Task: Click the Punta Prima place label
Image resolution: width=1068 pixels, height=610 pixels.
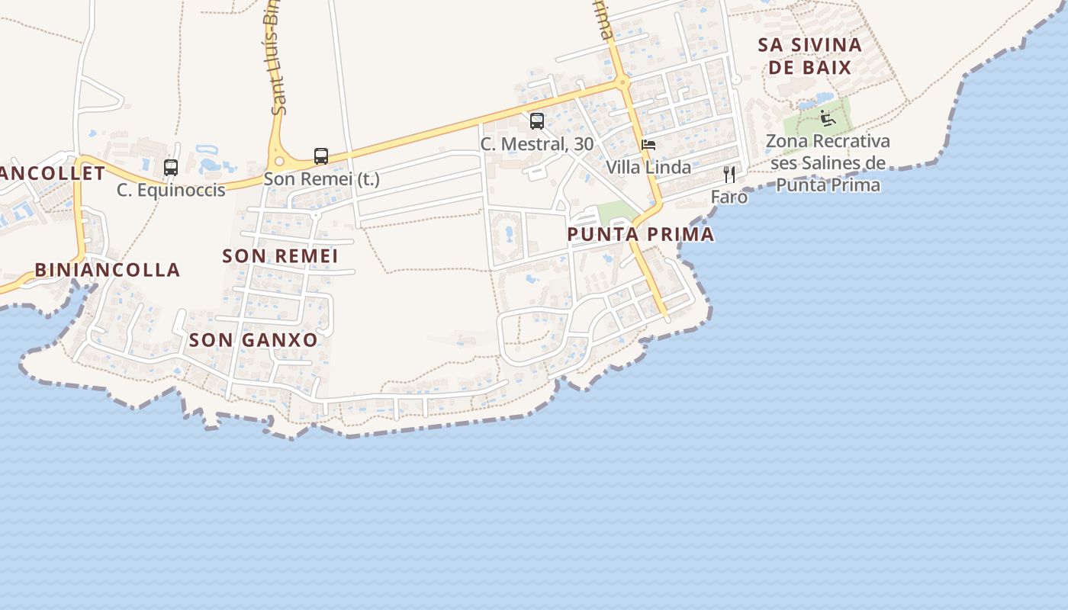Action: [640, 234]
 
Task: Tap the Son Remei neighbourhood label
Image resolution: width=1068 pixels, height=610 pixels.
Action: [280, 256]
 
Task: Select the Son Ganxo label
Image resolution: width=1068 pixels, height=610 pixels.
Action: [253, 340]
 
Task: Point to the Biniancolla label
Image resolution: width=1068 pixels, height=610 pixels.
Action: [108, 270]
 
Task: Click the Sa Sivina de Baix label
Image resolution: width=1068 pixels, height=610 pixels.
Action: [809, 56]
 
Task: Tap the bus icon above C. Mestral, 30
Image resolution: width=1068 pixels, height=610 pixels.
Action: [537, 121]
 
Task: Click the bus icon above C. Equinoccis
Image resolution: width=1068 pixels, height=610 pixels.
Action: [171, 167]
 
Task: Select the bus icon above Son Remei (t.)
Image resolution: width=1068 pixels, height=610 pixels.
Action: [321, 156]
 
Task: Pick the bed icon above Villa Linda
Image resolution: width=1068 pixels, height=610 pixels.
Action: [648, 144]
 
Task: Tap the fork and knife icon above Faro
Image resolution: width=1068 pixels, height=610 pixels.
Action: [729, 175]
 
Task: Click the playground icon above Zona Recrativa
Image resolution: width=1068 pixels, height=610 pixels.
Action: [828, 118]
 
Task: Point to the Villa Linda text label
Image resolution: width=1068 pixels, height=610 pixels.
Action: [648, 167]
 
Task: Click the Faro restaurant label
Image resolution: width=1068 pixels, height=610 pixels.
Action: [729, 197]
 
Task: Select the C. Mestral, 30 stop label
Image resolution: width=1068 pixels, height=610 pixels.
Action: [537, 144]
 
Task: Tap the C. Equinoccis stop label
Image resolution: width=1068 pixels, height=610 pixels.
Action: [171, 190]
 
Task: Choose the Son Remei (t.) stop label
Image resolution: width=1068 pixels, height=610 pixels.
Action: [321, 180]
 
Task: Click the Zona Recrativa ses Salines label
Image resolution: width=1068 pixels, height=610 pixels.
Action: [828, 163]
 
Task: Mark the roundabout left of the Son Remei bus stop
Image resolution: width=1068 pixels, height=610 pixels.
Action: [280, 161]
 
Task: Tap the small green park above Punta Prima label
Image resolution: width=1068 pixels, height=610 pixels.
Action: [616, 213]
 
